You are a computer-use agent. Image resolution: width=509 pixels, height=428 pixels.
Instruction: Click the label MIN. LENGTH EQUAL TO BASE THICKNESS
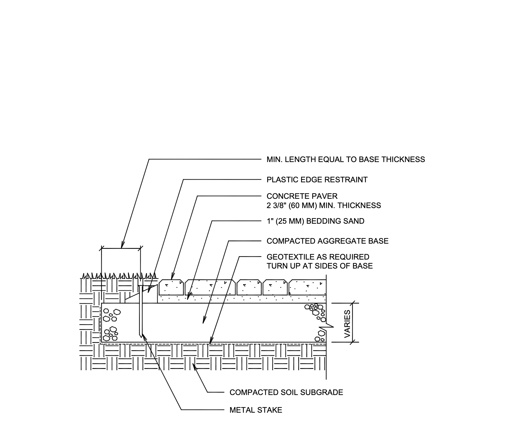(x=345, y=159)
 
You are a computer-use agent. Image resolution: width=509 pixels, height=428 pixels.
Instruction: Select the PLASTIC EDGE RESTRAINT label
(x=317, y=180)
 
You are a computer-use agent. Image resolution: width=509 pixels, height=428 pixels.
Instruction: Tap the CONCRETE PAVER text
(x=302, y=196)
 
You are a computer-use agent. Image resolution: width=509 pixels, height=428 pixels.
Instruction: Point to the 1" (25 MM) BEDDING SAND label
(x=315, y=221)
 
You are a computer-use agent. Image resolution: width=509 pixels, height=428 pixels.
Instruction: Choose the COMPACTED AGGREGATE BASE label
(x=327, y=241)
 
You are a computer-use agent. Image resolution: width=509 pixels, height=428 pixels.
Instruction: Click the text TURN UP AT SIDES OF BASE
(x=319, y=266)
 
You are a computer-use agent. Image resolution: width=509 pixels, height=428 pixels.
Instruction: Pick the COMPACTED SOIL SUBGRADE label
(x=286, y=392)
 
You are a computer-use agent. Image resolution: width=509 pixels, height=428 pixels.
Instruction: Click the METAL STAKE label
(x=256, y=410)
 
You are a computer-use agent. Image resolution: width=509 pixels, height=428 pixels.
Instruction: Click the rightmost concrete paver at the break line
(x=307, y=287)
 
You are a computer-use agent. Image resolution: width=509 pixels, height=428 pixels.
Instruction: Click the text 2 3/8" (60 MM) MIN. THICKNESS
(x=323, y=205)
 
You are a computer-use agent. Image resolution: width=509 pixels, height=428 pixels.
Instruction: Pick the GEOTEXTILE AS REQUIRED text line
(x=318, y=257)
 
